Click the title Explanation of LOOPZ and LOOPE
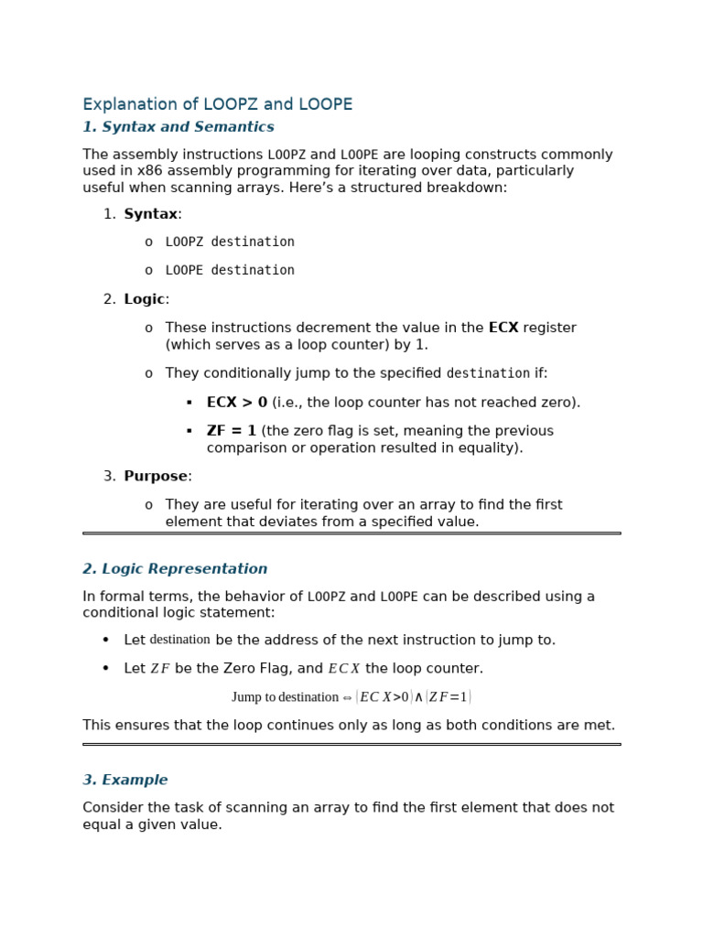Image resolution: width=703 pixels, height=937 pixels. (217, 104)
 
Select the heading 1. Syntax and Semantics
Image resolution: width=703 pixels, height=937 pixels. (178, 127)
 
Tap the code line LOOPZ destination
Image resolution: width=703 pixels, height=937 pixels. (230, 242)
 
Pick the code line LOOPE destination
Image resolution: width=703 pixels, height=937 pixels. (230, 270)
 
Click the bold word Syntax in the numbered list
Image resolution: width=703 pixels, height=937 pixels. (150, 214)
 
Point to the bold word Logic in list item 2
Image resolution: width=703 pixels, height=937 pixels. (144, 299)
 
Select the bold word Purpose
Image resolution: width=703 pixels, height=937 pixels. (156, 476)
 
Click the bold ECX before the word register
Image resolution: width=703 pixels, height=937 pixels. (503, 328)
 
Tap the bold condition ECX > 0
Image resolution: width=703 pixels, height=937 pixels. (237, 403)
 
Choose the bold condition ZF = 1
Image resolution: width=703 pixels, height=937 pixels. (232, 431)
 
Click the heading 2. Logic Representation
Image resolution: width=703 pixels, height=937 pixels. (175, 569)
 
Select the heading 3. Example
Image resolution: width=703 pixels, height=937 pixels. (125, 781)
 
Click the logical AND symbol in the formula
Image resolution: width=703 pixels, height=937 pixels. (418, 697)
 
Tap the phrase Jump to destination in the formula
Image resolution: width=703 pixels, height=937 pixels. (285, 697)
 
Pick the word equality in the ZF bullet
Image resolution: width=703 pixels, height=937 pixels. (491, 447)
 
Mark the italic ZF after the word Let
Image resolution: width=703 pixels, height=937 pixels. (160, 669)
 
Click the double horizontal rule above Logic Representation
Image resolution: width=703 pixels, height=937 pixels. (351, 533)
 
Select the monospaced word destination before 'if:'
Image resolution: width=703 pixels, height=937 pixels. (488, 373)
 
